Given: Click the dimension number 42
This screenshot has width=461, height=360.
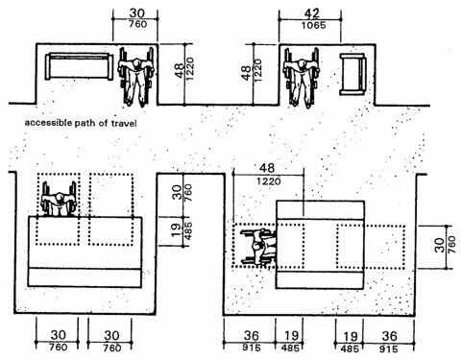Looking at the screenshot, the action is (312, 13).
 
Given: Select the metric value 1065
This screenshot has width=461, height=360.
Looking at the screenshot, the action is (313, 26).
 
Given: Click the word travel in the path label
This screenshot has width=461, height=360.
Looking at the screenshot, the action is (124, 123).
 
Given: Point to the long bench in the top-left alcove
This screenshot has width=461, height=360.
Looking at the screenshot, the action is (79, 66).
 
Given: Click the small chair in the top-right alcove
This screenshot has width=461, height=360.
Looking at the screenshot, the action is (352, 74).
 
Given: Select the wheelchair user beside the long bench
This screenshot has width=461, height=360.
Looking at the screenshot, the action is (136, 77).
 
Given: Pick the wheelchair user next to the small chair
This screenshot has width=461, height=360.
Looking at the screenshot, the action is (302, 78).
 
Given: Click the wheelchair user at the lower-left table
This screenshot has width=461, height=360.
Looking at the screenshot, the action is (60, 200).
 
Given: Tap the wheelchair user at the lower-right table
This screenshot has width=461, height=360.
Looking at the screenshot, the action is (258, 247).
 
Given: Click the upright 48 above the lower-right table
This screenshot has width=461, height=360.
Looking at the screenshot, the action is (267, 168).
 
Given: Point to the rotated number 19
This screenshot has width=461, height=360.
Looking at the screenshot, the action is (176, 231).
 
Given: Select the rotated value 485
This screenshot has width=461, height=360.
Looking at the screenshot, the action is (188, 231).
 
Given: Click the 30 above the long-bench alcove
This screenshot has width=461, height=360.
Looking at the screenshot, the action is (136, 13).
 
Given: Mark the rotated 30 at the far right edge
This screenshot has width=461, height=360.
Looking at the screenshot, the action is (440, 245).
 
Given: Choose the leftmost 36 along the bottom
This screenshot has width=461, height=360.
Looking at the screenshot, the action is (252, 336).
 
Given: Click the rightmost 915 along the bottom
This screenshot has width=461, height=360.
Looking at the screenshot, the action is (389, 348).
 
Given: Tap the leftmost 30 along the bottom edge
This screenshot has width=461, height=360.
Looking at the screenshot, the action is (59, 335).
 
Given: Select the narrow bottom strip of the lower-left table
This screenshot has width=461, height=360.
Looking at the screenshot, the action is (85, 277).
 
